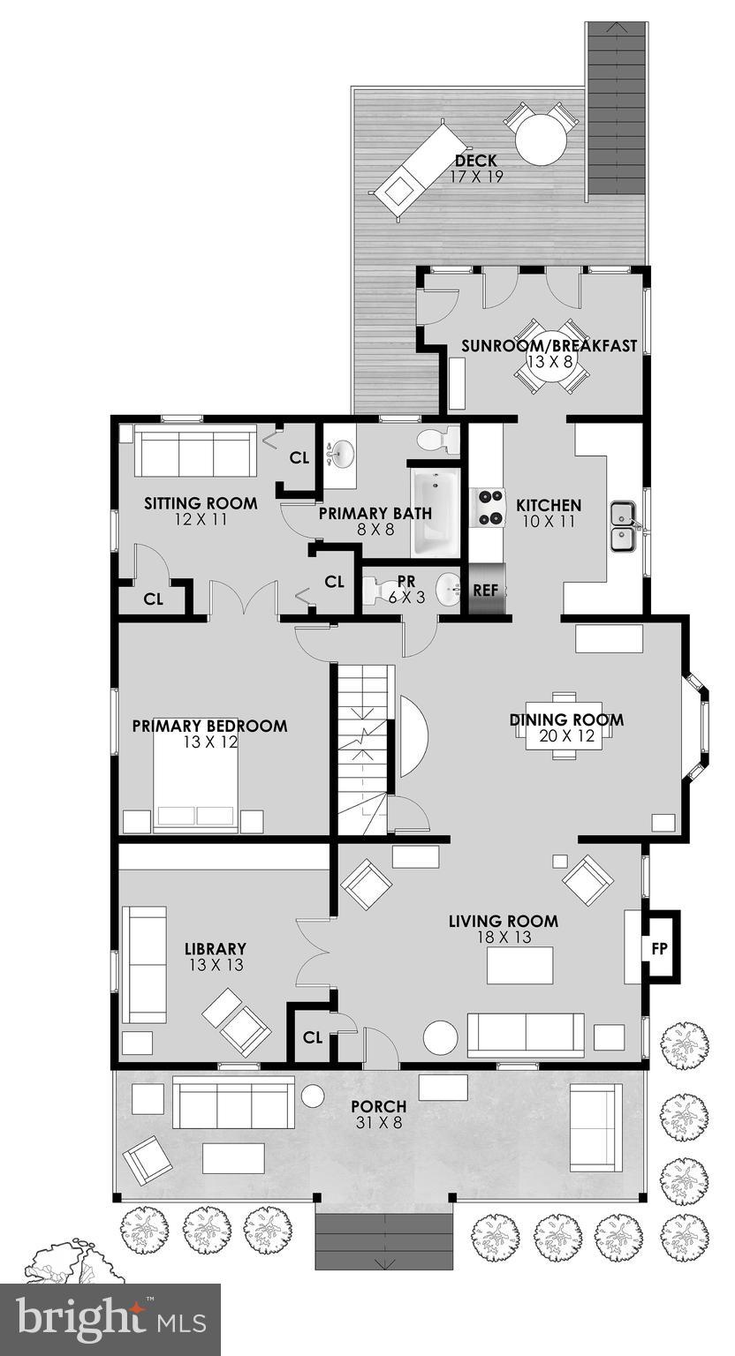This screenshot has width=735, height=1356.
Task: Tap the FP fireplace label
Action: pyautogui.click(x=659, y=947)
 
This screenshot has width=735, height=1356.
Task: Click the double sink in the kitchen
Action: pyautogui.click(x=624, y=524)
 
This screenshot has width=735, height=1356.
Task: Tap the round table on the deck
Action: pyautogui.click(x=541, y=139)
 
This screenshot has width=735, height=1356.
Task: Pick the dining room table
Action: pyautogui.click(x=565, y=725)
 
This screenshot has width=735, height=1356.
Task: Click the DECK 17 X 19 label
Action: pyautogui.click(x=475, y=169)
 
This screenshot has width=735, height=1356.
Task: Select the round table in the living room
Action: pyautogui.click(x=440, y=1037)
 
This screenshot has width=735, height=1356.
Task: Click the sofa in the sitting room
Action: pyautogui.click(x=195, y=452)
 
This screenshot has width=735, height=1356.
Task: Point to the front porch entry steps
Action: pyautogui.click(x=384, y=1239)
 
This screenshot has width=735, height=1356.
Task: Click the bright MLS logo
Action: pyautogui.click(x=110, y=1319)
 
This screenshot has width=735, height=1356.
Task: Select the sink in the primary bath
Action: pyautogui.click(x=339, y=456)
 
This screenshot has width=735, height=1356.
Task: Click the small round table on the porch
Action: pyautogui.click(x=314, y=1096)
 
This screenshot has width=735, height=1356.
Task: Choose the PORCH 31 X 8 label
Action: pyautogui.click(x=378, y=1114)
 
